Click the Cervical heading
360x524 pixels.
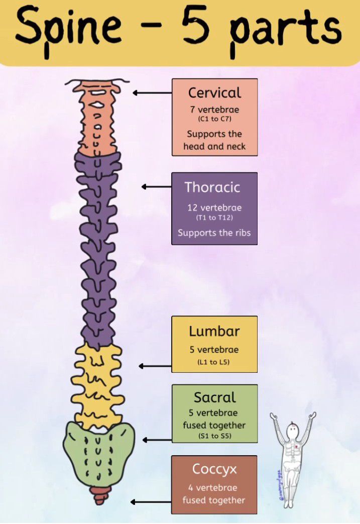tap(214, 92)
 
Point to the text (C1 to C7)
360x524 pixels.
tap(214, 120)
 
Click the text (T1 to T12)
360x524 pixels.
tap(214, 218)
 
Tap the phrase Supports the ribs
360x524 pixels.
tap(214, 233)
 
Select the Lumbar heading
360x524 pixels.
tap(214, 331)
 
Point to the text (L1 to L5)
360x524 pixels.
tap(214, 362)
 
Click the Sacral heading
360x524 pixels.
tap(214, 397)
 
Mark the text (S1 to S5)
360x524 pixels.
tap(214, 436)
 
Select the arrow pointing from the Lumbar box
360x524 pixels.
tap(155, 366)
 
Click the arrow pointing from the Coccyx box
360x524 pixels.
tap(151, 502)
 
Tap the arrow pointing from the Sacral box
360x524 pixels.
tap(157, 440)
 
